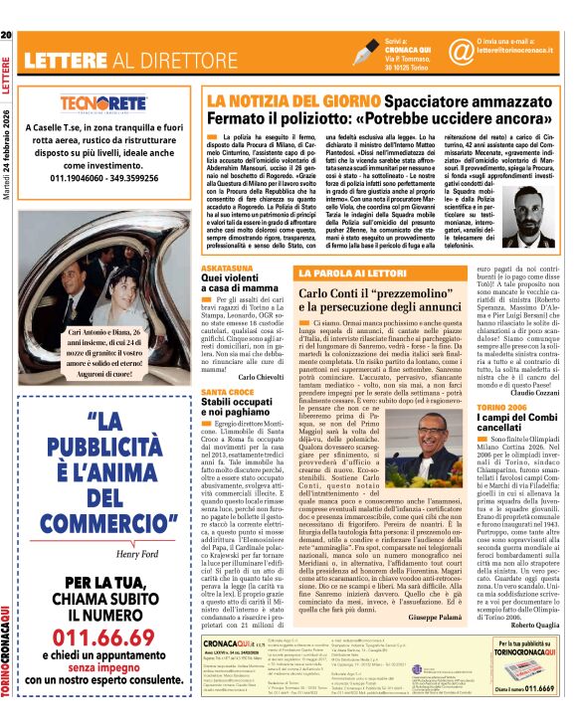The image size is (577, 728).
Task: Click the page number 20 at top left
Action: point(6,9)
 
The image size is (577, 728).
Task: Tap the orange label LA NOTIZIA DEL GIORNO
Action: point(284,100)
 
